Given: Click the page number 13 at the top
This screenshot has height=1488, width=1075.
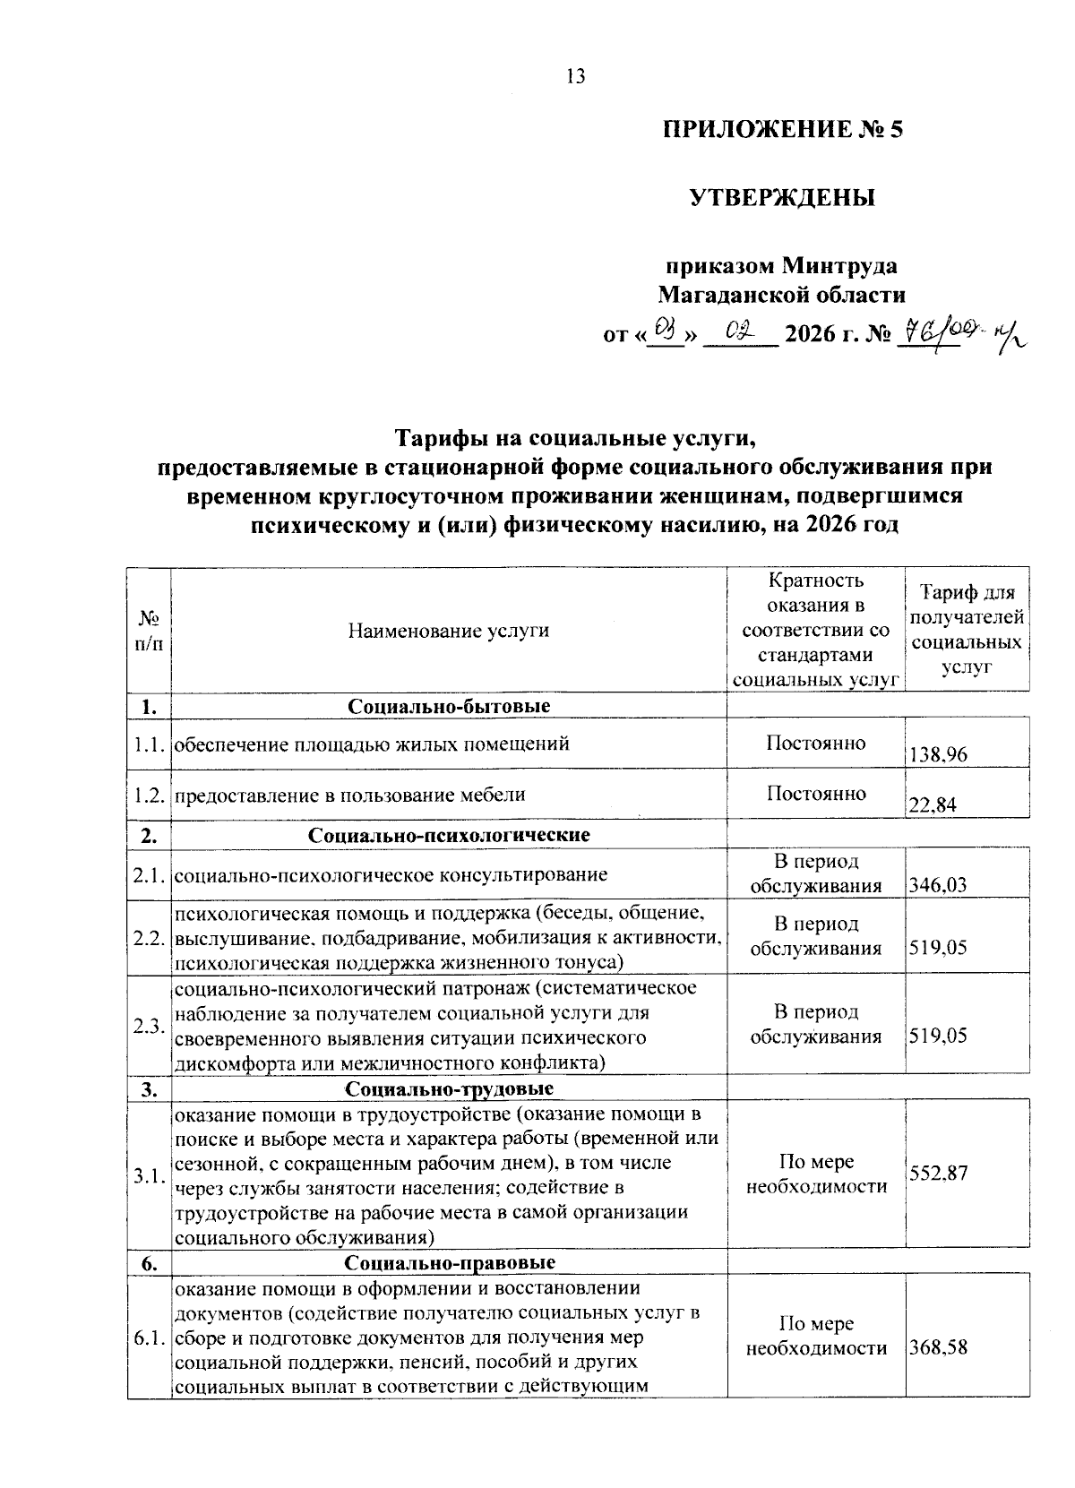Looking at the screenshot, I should (x=575, y=77).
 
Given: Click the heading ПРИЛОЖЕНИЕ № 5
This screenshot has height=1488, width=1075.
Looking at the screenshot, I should (x=783, y=131).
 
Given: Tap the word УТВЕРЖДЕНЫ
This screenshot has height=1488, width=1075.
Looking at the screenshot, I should (x=781, y=198).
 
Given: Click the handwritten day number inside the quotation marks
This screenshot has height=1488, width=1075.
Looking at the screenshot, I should (x=665, y=332).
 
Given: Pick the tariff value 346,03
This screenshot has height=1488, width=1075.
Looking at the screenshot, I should (x=937, y=885).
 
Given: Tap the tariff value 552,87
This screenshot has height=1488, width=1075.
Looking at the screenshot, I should (x=938, y=1173).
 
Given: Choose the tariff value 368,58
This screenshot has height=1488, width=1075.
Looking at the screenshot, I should (x=938, y=1347).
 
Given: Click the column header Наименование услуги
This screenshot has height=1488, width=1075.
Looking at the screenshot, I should (x=448, y=630).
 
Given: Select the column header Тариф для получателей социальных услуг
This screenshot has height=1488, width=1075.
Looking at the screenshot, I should (x=967, y=630).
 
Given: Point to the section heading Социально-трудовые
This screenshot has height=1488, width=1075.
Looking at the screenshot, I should (x=448, y=1088).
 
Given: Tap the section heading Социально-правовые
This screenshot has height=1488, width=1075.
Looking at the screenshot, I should (x=448, y=1262).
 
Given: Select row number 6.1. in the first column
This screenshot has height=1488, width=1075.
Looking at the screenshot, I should (x=148, y=1339).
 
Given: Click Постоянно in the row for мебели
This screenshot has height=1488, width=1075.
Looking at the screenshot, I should (x=815, y=794).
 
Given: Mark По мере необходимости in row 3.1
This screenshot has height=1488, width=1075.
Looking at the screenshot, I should (x=815, y=1174).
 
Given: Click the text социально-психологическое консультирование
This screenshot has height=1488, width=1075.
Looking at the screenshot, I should (x=391, y=874).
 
